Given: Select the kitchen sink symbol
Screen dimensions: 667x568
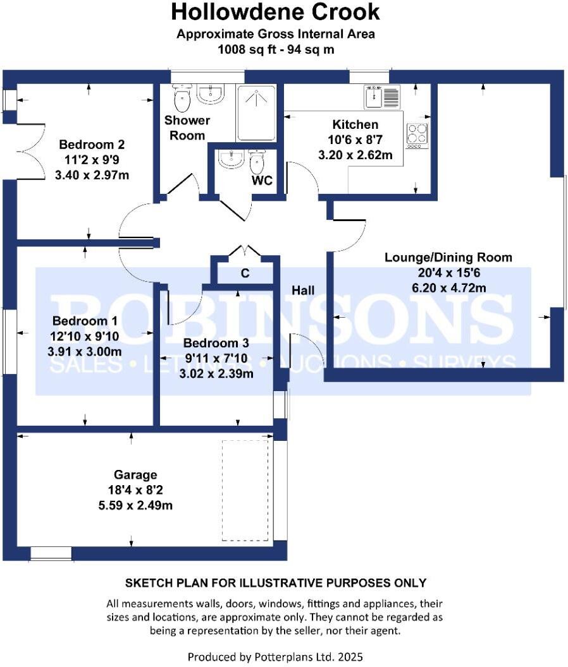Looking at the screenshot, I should point(383,97).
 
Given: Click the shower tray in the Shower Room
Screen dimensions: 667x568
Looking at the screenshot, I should point(256,112).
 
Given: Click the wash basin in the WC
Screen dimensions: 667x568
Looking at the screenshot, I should point(230,160).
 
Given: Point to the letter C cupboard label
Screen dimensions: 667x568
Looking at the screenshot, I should point(245,273).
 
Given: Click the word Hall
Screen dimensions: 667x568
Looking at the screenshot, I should point(303,290).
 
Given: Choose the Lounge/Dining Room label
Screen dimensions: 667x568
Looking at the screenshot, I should point(448,258).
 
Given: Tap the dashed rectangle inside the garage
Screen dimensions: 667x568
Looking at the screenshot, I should point(245,490).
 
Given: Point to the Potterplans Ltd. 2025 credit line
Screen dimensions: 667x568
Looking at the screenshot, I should point(275,656).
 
